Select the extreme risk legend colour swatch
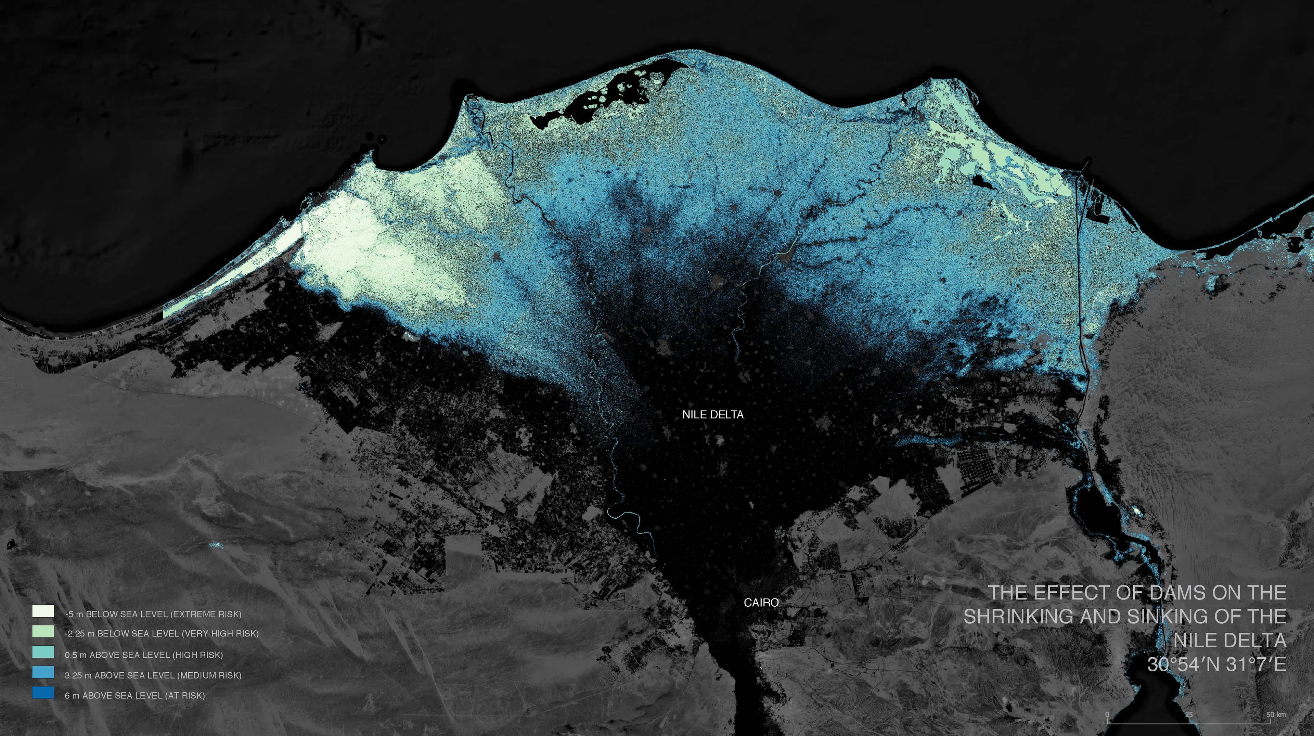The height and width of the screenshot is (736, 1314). (43, 611)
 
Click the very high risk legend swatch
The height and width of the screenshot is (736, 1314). (43, 631)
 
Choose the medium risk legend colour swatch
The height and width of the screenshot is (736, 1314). (43, 672)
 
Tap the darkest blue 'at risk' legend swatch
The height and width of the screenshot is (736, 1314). (43, 693)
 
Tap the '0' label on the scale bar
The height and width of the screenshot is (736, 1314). (1107, 714)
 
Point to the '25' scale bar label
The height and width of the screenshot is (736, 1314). (1188, 714)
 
